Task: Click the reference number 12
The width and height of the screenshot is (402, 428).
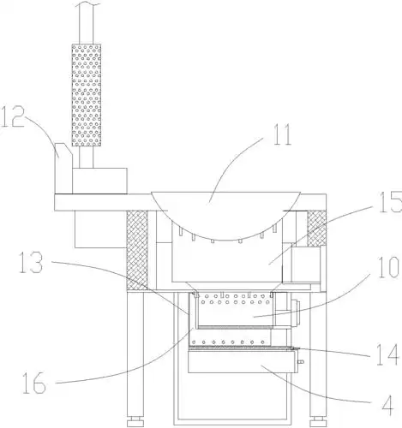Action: click(x=12, y=117)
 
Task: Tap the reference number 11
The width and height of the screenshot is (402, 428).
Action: click(x=282, y=134)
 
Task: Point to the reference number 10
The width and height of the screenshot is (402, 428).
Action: click(x=387, y=267)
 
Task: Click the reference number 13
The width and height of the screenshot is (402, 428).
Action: click(x=31, y=262)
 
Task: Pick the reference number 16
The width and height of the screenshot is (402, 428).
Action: click(x=34, y=383)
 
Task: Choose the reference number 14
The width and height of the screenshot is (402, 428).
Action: click(x=387, y=354)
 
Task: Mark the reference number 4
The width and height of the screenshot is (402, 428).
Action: click(x=387, y=406)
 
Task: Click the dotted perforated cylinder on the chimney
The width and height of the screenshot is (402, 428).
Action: click(x=86, y=95)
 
